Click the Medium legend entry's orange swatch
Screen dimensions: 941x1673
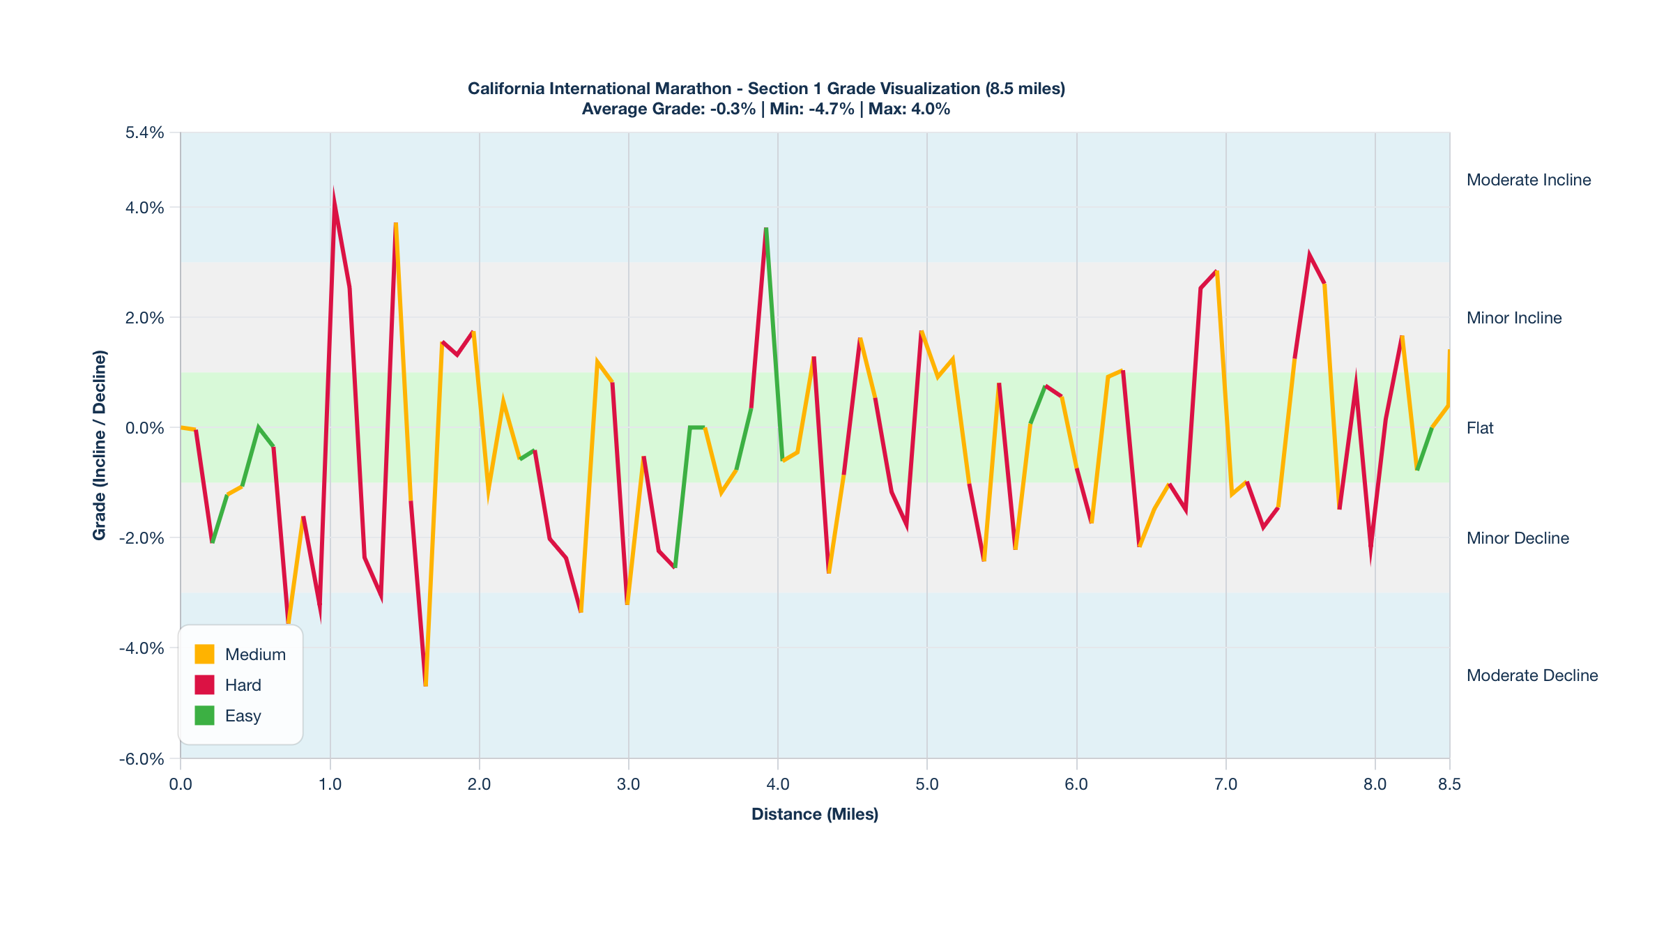204,654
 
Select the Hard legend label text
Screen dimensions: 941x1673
243,685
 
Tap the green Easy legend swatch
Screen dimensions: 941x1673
204,715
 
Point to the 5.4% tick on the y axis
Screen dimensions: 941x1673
144,132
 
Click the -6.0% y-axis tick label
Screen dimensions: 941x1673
142,758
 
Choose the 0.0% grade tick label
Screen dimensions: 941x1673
144,427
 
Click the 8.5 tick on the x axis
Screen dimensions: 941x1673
1449,784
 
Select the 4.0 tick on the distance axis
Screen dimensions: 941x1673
778,784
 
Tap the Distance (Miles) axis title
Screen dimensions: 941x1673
814,814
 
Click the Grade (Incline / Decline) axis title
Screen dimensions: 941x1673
100,445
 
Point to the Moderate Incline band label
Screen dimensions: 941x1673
1528,180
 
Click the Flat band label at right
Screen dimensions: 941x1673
1479,428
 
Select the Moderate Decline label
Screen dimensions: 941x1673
1531,675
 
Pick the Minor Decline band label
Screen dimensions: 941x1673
1517,538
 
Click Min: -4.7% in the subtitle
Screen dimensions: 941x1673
811,109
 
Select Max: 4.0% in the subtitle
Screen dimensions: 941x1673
909,109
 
